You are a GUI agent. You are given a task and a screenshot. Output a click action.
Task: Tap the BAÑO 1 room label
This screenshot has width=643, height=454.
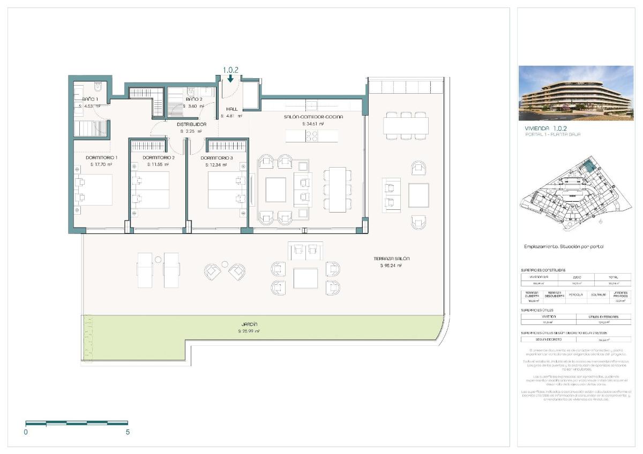pos(89,99)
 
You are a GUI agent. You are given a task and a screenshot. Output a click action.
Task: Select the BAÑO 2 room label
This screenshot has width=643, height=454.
pos(194,99)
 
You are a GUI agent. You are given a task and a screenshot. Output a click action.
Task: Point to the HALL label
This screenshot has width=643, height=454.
pos(232,109)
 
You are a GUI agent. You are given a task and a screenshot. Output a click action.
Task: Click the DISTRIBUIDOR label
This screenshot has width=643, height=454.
pos(191,124)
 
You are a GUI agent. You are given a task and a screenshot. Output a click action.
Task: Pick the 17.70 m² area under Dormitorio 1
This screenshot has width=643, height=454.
pos(101,165)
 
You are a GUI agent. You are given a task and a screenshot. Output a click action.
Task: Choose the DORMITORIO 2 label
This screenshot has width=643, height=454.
pos(159,158)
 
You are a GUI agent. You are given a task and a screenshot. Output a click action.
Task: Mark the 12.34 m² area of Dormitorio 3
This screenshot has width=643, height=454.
pos(216,165)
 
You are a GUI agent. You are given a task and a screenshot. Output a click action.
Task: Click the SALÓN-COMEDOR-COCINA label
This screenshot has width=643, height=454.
pos(313,117)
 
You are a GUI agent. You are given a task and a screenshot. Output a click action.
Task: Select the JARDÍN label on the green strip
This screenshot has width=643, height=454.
pos(249,324)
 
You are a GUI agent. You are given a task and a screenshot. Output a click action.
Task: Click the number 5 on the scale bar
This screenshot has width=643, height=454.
pos(128,432)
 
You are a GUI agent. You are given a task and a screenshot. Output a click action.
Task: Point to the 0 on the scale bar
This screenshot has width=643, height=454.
pos(26,432)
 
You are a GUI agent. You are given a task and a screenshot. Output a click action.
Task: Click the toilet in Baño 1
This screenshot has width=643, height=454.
pos(98,86)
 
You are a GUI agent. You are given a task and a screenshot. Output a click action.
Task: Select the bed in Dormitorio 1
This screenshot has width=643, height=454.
pos(94,190)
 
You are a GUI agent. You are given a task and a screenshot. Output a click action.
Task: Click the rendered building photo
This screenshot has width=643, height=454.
pos(575,93)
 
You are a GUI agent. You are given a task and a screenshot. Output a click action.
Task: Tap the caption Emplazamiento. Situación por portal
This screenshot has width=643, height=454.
pos(564,247)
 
